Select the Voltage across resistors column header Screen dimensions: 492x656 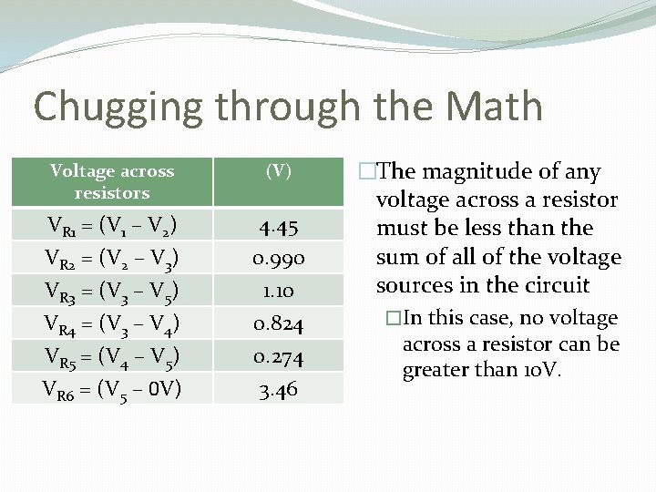click(112, 181)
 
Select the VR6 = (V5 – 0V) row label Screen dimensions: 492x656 click(112, 389)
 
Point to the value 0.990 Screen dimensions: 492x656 click(279, 259)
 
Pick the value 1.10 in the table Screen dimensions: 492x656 click(279, 292)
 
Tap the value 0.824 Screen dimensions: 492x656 click(279, 323)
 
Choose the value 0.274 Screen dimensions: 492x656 click(279, 356)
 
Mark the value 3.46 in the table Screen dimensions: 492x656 click(279, 389)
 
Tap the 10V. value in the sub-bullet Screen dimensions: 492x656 click(545, 371)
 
